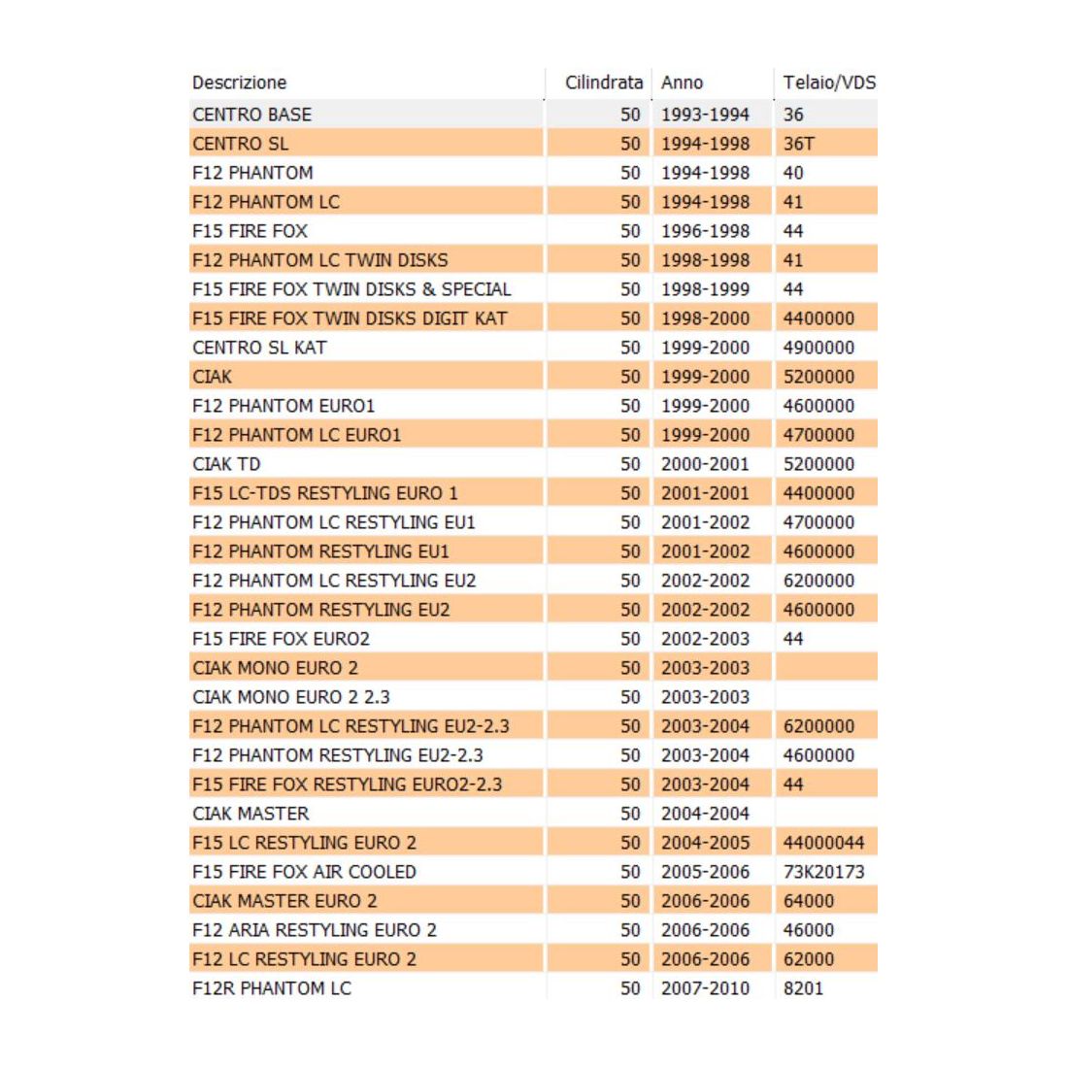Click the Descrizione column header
[x=240, y=83]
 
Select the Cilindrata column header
[x=603, y=83]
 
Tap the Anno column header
[x=682, y=83]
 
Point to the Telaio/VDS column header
[x=828, y=83]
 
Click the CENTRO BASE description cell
[x=252, y=115]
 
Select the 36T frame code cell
[x=799, y=144]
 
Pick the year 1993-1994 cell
[x=705, y=115]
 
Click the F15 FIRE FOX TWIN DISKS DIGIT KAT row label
[x=350, y=318]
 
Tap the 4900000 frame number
[x=818, y=348]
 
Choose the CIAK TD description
[x=226, y=464]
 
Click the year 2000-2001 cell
[x=705, y=464]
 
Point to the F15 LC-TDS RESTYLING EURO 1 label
[x=325, y=493]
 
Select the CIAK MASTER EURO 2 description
[x=284, y=901]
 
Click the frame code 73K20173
[x=823, y=872]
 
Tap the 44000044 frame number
[x=823, y=843]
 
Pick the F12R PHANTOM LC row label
[x=272, y=988]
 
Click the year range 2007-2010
[x=705, y=988]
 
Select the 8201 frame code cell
[x=803, y=988]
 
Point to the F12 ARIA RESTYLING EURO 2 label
[x=315, y=930]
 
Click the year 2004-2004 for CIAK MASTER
[x=705, y=814]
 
